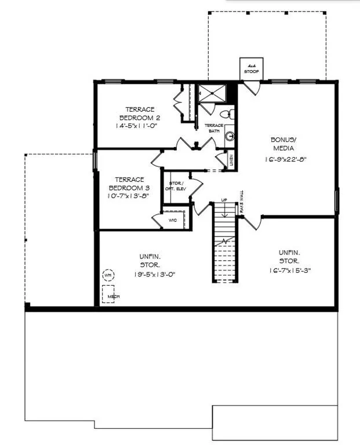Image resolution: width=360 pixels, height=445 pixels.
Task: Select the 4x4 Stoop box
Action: click(x=251, y=68)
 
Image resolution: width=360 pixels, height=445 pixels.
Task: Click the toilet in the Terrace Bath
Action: click(x=228, y=113)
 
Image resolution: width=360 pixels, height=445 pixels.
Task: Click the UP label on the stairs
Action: click(x=224, y=200)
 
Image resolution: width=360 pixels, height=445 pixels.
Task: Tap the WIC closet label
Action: click(x=172, y=220)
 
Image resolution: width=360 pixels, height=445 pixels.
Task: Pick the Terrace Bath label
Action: click(x=213, y=128)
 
